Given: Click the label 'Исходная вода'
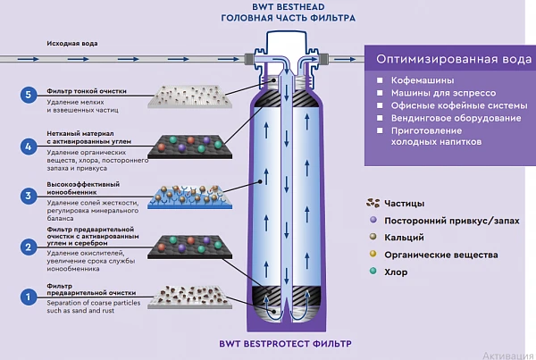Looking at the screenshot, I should [67, 42].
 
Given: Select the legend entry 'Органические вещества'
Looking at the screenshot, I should [440, 255].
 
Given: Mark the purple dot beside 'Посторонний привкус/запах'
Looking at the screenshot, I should [372, 220].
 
